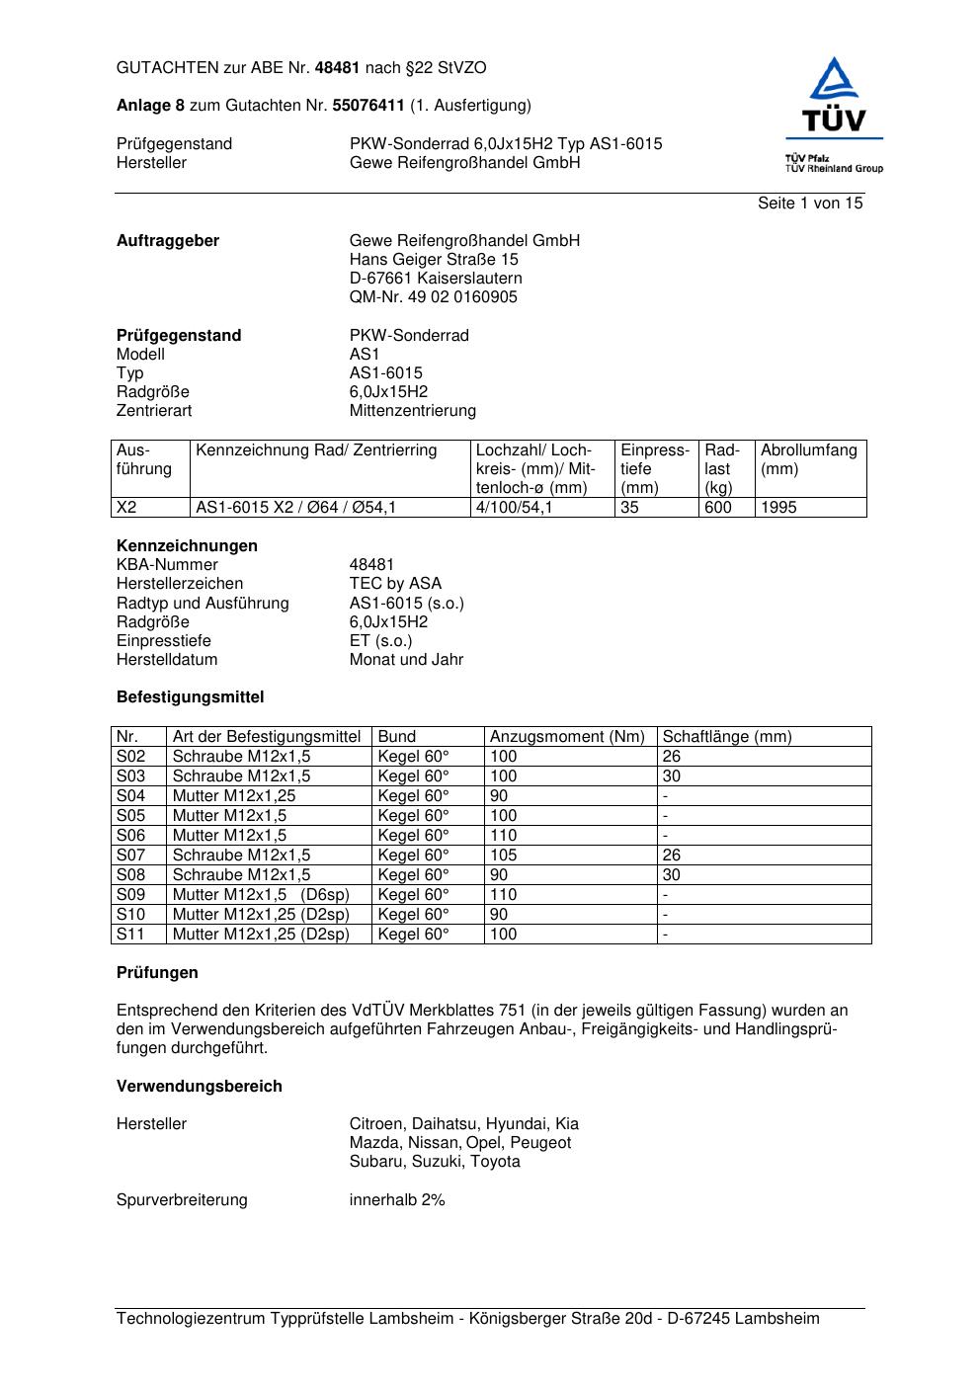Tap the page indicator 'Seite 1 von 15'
pyautogui.click(x=810, y=204)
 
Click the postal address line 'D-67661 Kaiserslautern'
pyautogui.click(x=436, y=279)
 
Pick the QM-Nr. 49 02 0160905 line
pyautogui.click(x=433, y=297)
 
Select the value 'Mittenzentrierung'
pyautogui.click(x=412, y=411)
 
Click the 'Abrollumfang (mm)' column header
pyautogui.click(x=808, y=459)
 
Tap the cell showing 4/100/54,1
pyautogui.click(x=514, y=508)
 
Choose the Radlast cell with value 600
pyautogui.click(x=718, y=508)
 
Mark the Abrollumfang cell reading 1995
pyautogui.click(x=778, y=508)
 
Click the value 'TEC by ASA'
pyautogui.click(x=395, y=584)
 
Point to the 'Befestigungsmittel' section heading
pyautogui.click(x=190, y=697)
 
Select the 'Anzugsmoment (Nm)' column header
pyautogui.click(x=567, y=737)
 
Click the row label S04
pyautogui.click(x=130, y=796)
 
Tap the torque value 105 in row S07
pyautogui.click(x=504, y=856)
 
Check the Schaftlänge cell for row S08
pyautogui.click(x=672, y=875)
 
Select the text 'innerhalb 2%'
pyautogui.click(x=397, y=1200)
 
